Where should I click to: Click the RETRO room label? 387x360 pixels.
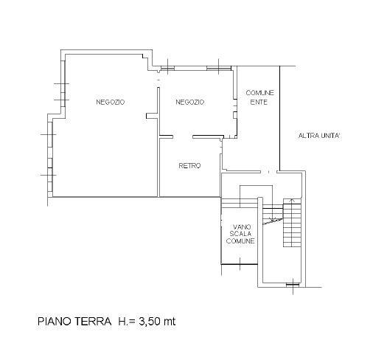coord(189,166)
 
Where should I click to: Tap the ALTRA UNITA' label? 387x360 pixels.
coord(320,136)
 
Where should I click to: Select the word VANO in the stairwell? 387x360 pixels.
coord(242,226)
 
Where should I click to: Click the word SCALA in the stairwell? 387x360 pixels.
coord(240,234)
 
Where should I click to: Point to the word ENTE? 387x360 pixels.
coord(259,102)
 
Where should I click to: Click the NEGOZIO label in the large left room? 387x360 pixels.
coord(111,102)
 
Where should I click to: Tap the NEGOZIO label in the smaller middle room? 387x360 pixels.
coord(190,102)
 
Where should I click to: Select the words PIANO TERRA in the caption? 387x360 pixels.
coord(74,322)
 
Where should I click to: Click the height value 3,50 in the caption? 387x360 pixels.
coord(150,322)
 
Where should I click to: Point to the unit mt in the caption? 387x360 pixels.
coord(170,322)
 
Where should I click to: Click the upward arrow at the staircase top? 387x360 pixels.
coord(292,201)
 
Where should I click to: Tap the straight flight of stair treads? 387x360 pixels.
coord(292,222)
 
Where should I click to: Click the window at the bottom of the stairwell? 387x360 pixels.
coord(293,285)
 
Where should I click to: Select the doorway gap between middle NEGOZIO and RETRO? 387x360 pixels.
coord(183,136)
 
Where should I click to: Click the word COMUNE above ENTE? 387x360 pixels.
coord(260,93)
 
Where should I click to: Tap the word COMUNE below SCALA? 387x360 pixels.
coord(240,240)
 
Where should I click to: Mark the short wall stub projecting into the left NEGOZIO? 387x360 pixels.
coord(152,116)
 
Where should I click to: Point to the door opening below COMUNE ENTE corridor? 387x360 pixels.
coord(269,171)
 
